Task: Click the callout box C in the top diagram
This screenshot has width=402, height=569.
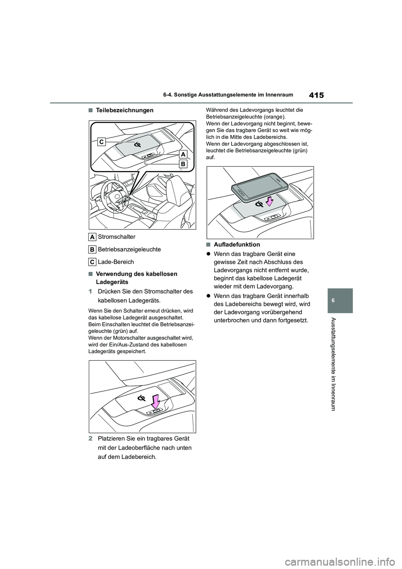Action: click(x=102, y=142)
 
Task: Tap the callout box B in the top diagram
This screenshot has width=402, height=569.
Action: click(x=183, y=165)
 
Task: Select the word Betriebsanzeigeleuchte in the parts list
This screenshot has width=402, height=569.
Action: click(x=129, y=249)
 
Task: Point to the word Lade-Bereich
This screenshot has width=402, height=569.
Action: click(x=116, y=262)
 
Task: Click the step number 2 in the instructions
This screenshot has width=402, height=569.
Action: click(x=90, y=439)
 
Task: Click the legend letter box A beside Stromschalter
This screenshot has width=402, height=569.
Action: click(x=92, y=237)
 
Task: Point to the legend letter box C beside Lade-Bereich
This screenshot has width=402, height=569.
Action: click(x=92, y=262)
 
